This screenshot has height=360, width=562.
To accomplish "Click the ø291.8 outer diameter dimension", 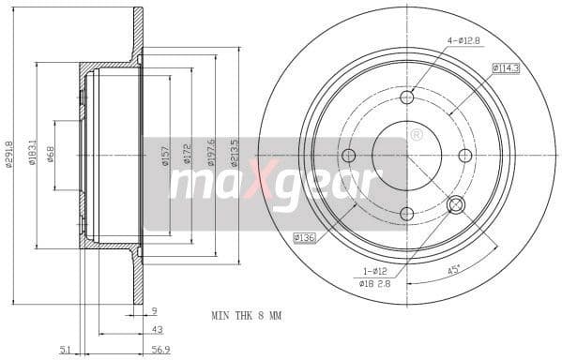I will (x=10, y=155).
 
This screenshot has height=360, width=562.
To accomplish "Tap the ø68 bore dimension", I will (x=51, y=153).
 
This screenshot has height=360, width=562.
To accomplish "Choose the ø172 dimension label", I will (x=187, y=156).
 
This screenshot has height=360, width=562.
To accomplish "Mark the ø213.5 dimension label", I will (x=235, y=153).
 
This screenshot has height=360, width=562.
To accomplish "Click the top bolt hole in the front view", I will (x=406, y=97).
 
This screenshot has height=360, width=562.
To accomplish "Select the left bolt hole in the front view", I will (x=348, y=156).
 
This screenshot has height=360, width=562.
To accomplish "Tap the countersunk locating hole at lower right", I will (x=457, y=205).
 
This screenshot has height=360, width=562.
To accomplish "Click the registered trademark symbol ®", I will (x=416, y=135).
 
